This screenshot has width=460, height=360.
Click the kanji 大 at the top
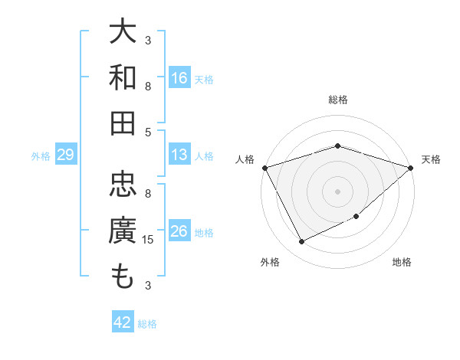click(x=123, y=32)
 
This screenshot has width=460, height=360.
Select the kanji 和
click(x=123, y=77)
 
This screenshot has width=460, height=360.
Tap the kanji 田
click(x=123, y=123)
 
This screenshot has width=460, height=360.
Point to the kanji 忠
click(x=123, y=185)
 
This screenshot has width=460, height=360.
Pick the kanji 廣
click(x=123, y=231)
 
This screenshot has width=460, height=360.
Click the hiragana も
click(x=123, y=277)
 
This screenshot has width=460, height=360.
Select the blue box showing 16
click(x=179, y=77)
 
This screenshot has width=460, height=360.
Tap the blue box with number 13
click(x=179, y=155)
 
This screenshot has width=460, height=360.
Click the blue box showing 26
click(x=179, y=231)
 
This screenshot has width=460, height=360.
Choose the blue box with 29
click(x=65, y=155)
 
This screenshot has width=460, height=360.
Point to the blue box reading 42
click(x=123, y=322)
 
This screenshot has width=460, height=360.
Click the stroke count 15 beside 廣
click(x=148, y=240)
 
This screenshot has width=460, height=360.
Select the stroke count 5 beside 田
click(x=148, y=132)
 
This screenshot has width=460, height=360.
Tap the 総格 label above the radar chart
click(x=337, y=100)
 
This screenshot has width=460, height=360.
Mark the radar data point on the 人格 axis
click(x=264, y=167)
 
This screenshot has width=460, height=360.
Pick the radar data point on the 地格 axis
click(x=357, y=217)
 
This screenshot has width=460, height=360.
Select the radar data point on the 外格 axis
click(x=301, y=242)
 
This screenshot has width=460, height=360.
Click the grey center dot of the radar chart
click(x=337, y=191)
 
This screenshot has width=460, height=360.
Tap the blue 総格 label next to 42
click(x=148, y=324)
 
